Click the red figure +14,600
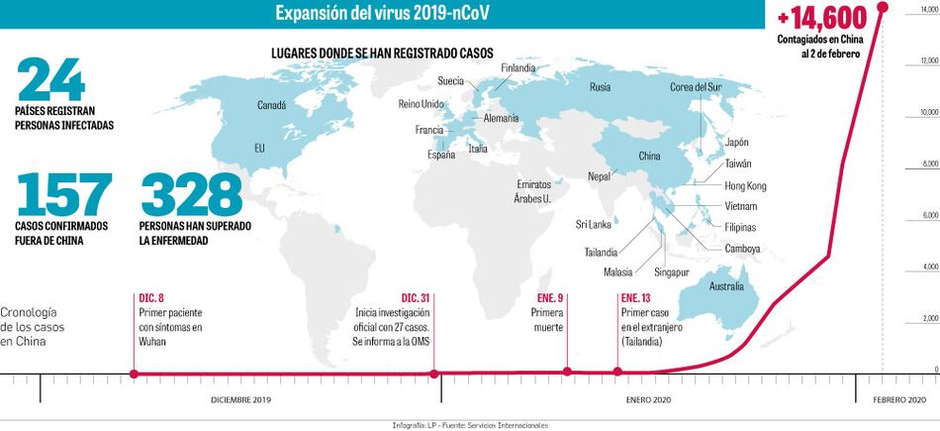[x=821, y=18]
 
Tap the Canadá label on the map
[x=271, y=105]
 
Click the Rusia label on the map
[x=600, y=87]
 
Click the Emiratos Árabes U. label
[x=540, y=191]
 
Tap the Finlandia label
[x=518, y=68]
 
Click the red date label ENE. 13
[x=636, y=298]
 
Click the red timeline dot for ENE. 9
[x=567, y=373]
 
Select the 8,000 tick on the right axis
[x=930, y=163]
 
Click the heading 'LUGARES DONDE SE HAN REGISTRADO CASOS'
[x=381, y=52]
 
